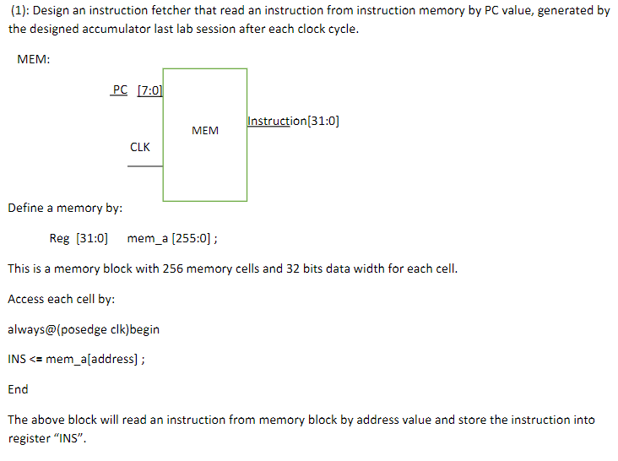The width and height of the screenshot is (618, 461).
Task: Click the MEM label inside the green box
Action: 205,131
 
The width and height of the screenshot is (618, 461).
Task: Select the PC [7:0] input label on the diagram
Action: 137,90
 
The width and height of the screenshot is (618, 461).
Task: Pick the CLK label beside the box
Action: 140,147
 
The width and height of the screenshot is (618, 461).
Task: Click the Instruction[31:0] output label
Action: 294,121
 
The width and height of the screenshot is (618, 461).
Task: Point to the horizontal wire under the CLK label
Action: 144,166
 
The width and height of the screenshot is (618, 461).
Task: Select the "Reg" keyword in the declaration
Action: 59,238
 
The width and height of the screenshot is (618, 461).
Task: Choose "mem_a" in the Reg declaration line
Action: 147,238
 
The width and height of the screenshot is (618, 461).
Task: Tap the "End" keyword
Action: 18,389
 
